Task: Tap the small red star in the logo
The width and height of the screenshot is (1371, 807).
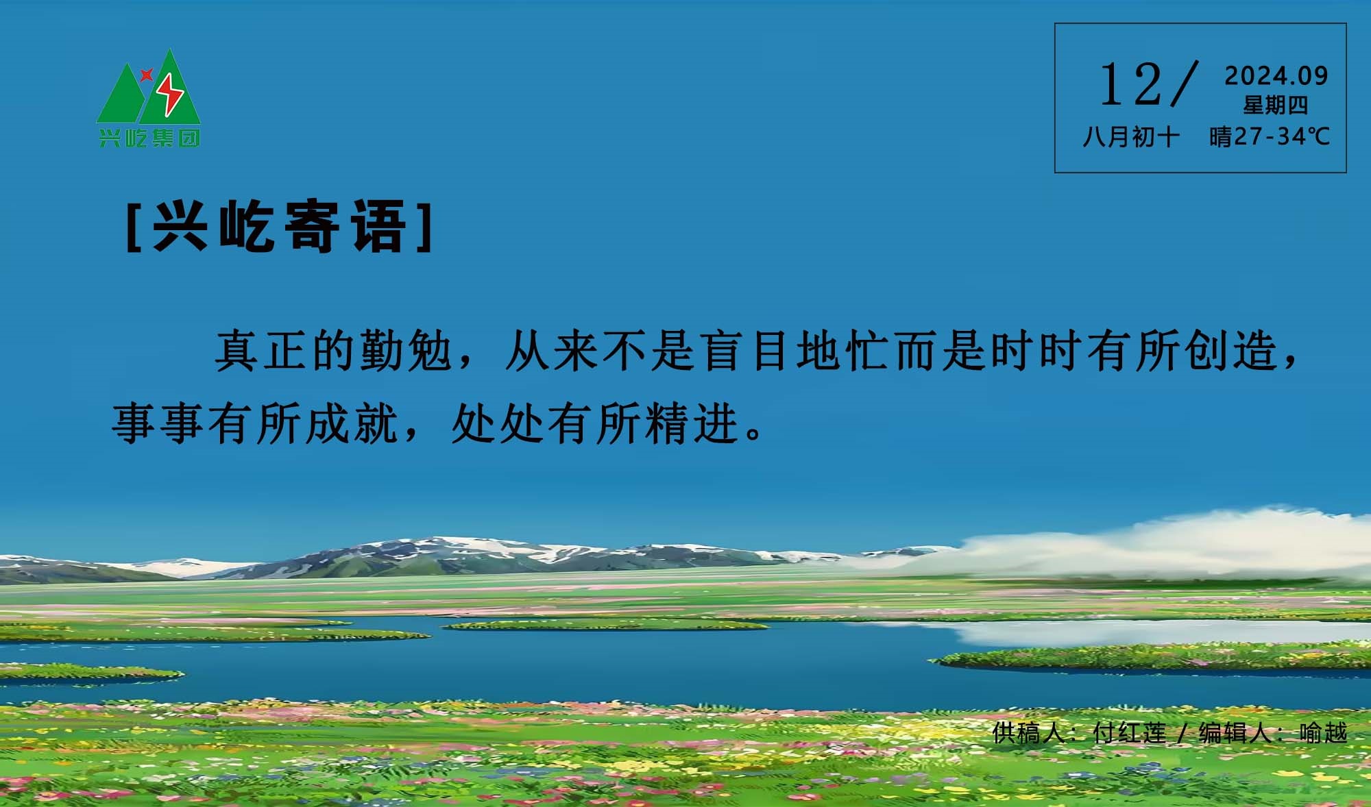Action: click(x=146, y=75)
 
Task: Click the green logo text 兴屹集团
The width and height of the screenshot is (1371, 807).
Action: click(x=149, y=138)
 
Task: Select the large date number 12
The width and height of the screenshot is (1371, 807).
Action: click(x=1131, y=85)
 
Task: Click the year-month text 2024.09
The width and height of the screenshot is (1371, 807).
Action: click(x=1276, y=76)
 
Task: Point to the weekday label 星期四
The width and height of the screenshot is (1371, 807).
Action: click(x=1276, y=105)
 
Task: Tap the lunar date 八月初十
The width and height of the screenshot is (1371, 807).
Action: click(x=1131, y=137)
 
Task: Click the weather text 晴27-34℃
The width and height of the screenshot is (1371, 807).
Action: click(x=1270, y=137)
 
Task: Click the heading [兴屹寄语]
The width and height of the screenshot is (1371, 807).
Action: click(x=280, y=227)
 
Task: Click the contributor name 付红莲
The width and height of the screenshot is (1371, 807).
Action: click(x=1130, y=733)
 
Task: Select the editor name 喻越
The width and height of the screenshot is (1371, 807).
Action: click(x=1323, y=733)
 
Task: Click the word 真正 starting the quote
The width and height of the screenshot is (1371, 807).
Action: click(x=260, y=351)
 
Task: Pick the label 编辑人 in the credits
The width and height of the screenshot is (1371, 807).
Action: click(x=1235, y=733)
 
